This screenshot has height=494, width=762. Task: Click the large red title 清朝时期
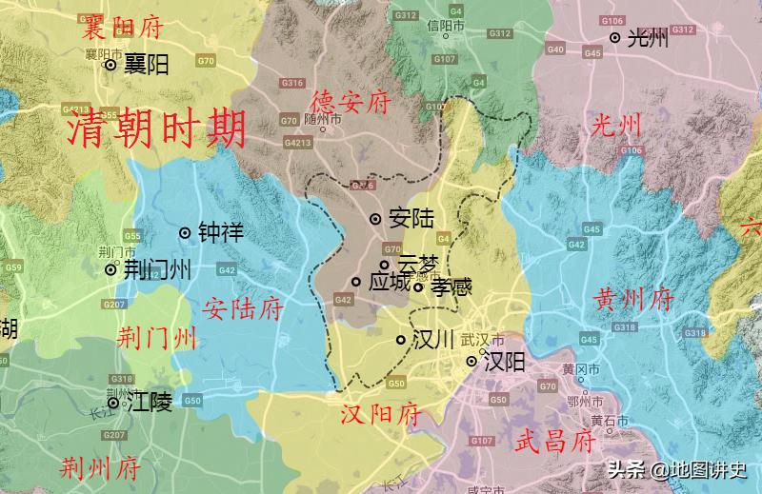[x=156, y=128]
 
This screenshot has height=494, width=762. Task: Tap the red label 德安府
[x=351, y=102]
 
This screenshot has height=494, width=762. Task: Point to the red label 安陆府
[x=243, y=308]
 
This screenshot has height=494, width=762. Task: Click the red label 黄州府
[x=633, y=301]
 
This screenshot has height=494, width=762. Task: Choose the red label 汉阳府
[x=381, y=415]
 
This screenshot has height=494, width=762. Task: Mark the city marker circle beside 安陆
[x=375, y=219]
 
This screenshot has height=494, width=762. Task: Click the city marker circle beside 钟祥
[x=186, y=232]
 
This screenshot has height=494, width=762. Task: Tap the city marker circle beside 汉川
[x=402, y=340]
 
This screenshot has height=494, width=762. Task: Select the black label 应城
[x=389, y=283]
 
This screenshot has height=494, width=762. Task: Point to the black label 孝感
[x=451, y=287]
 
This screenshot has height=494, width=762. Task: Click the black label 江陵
[x=150, y=402]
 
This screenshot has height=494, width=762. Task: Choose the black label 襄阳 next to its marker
[x=147, y=65]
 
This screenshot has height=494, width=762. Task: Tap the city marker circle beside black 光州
[x=615, y=38]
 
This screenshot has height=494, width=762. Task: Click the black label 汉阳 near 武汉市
[x=504, y=362]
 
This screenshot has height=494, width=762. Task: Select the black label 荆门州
[x=157, y=269]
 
